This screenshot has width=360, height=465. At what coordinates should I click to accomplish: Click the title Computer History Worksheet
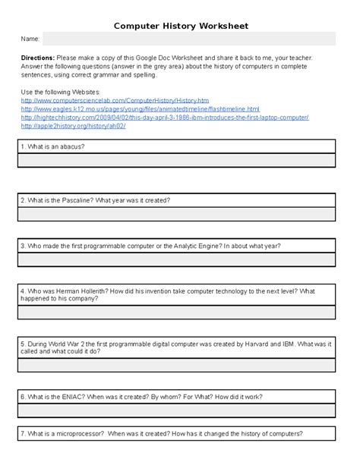[180, 26]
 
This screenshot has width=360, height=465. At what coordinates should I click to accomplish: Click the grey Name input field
[188, 39]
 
